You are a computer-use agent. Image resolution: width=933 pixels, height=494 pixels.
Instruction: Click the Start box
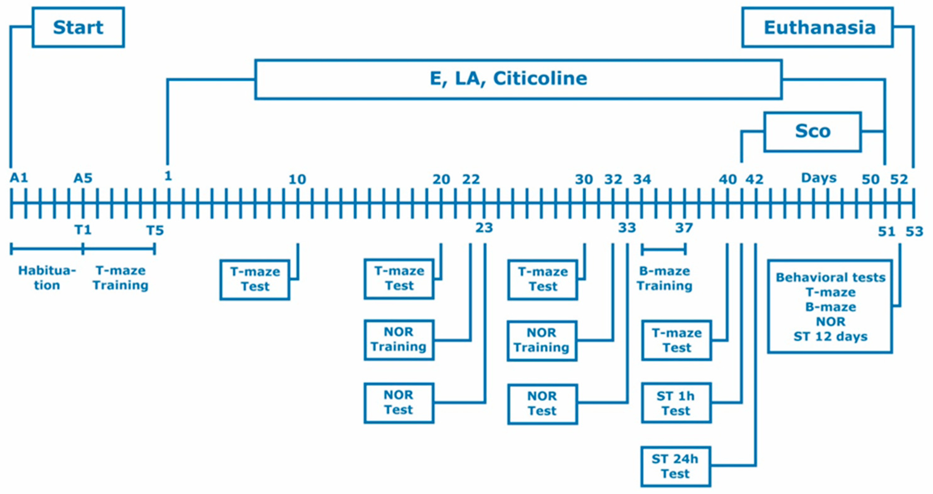point(78,28)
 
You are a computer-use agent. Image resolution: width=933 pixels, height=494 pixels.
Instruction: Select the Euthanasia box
point(817,28)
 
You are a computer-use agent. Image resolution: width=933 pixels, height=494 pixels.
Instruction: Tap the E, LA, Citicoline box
point(518,79)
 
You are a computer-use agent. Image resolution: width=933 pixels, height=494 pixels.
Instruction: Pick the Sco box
point(812,132)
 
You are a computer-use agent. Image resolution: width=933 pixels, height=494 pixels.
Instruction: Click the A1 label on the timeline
point(19,178)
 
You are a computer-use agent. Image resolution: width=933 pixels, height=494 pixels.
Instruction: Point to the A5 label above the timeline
point(83,178)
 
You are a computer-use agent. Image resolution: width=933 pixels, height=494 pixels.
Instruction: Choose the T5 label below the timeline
point(155,230)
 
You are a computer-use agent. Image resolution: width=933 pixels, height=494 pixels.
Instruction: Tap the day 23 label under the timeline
point(484,228)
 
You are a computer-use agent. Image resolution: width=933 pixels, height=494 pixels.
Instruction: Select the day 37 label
point(684,228)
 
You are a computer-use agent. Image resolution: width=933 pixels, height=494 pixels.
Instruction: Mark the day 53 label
point(914,231)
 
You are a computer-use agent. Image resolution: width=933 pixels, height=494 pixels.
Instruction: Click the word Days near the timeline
point(819,178)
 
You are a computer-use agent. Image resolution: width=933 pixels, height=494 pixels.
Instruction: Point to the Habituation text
point(47,278)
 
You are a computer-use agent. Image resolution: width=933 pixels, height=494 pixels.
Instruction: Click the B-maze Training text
point(665,278)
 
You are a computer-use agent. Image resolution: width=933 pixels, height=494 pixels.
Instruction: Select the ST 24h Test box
point(675,466)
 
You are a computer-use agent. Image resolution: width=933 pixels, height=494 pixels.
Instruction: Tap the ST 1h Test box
point(676,403)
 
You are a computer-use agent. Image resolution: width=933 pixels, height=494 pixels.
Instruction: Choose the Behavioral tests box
point(830,306)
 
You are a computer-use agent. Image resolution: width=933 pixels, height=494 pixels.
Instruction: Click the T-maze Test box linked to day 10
point(255,279)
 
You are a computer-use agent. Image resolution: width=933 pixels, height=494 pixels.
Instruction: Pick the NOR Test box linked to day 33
point(542,404)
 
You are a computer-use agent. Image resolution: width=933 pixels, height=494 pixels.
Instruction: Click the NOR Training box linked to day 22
point(399,339)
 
